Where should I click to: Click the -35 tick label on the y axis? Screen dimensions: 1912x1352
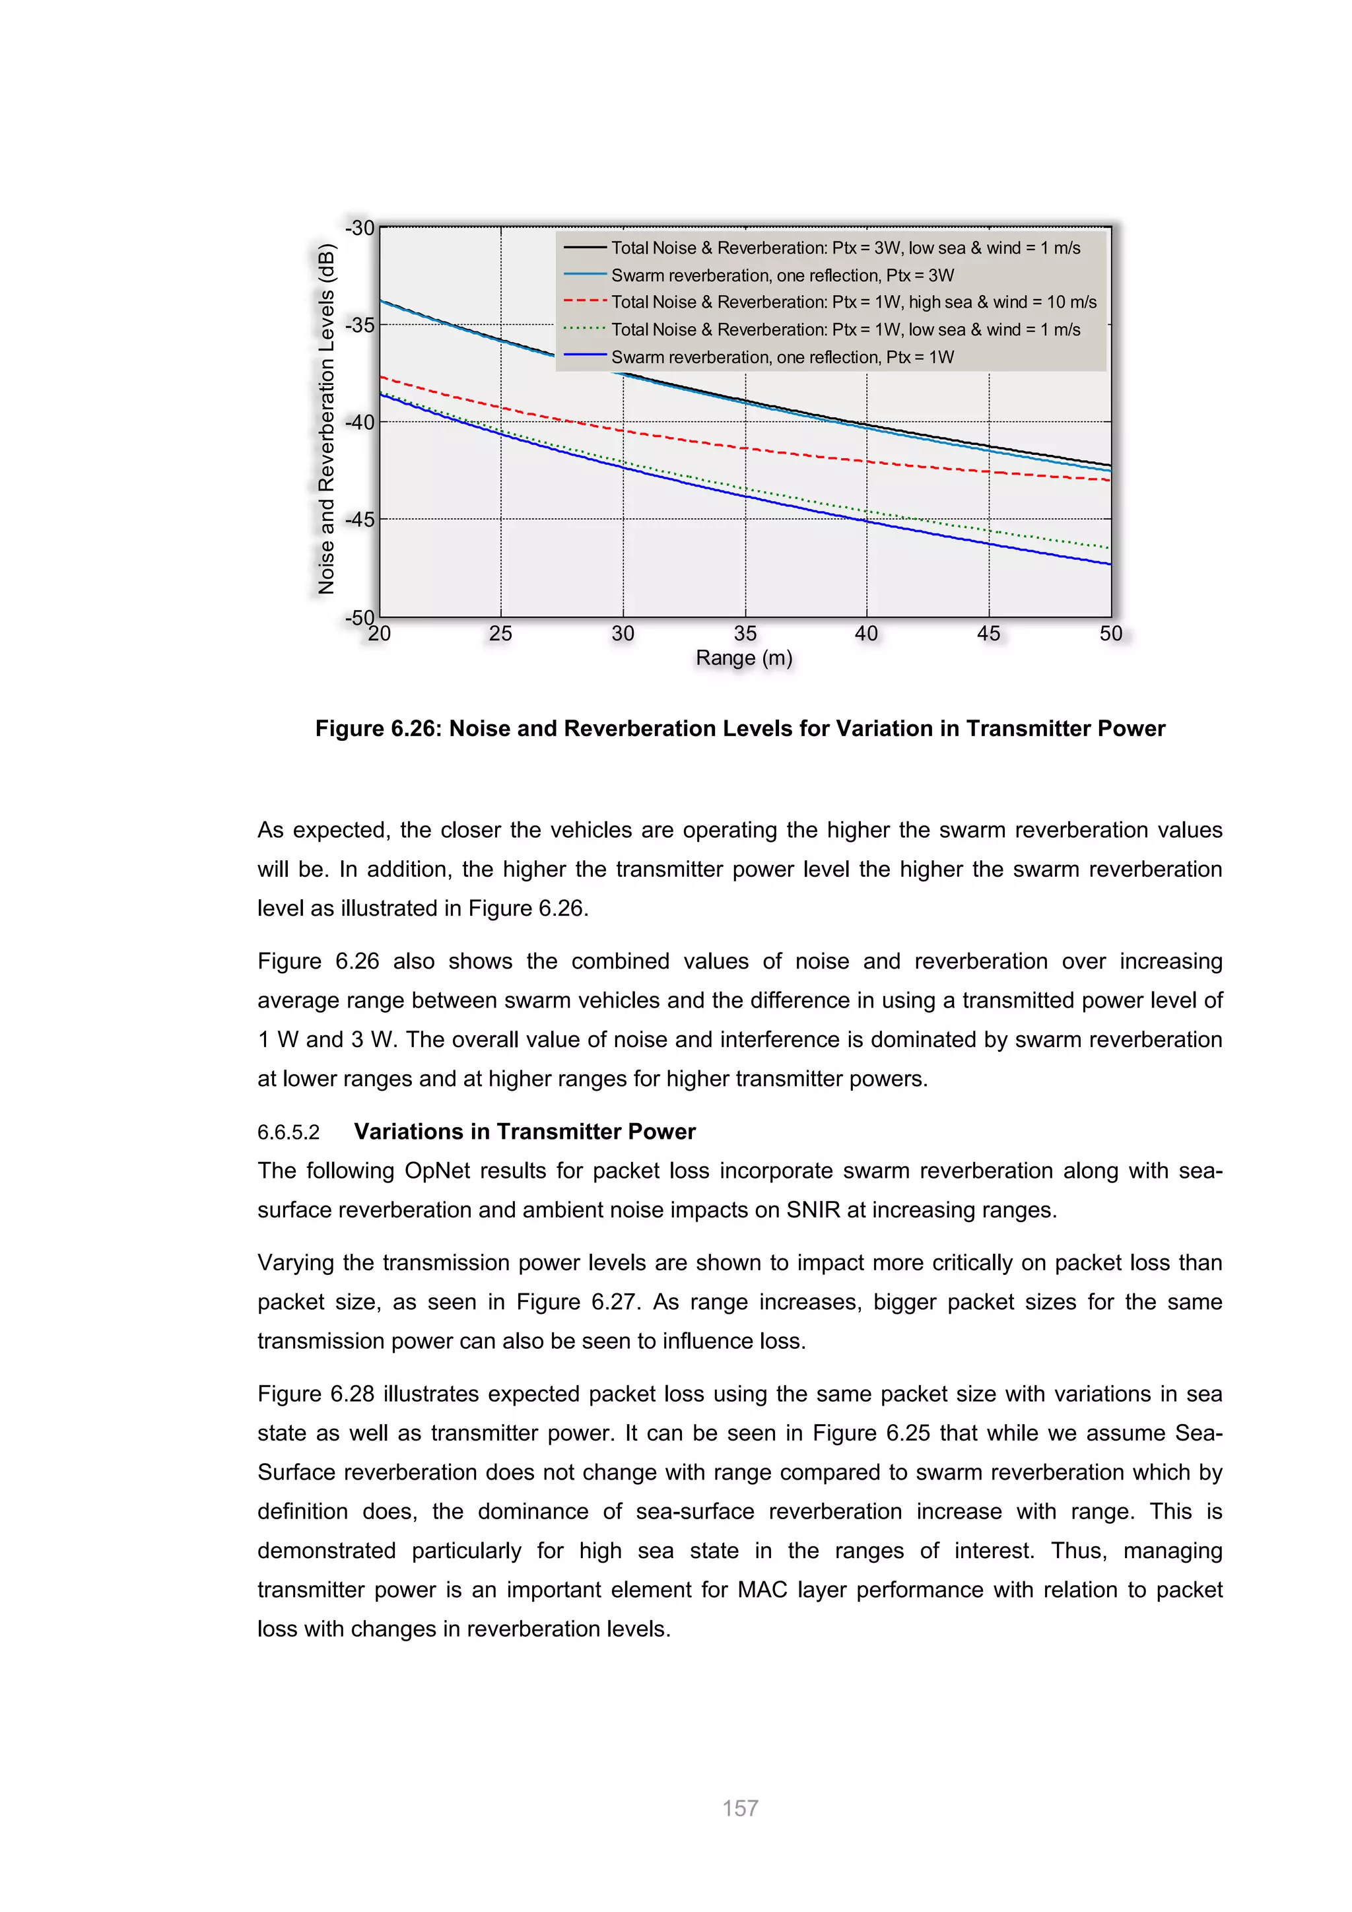coord(360,325)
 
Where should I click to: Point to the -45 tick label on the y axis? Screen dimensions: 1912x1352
coord(360,520)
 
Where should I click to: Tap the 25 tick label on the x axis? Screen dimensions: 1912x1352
coord(500,634)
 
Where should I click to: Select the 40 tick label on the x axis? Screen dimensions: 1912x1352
coord(866,634)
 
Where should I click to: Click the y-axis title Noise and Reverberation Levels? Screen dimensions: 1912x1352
coord(326,419)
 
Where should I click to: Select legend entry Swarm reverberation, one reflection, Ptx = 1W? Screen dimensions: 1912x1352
coord(782,357)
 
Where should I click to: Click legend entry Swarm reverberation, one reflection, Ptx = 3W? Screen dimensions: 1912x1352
coord(782,275)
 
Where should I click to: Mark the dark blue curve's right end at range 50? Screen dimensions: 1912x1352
coord(1109,564)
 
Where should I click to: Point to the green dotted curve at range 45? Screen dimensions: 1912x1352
coord(989,530)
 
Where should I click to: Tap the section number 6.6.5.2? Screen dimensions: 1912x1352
coord(288,1132)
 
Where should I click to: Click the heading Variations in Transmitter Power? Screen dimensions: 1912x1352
coord(524,1132)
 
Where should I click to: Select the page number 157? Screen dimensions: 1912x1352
coord(740,1808)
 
